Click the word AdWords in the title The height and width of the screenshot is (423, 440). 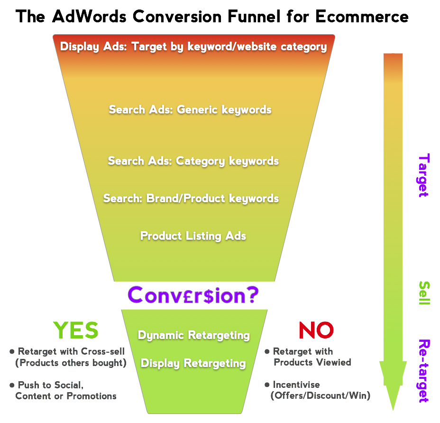click(x=89, y=16)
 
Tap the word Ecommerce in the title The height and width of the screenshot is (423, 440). click(x=362, y=16)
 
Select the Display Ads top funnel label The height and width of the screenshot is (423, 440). click(x=193, y=47)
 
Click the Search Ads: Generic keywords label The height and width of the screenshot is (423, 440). click(x=190, y=110)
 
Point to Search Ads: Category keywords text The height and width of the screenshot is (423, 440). click(x=193, y=161)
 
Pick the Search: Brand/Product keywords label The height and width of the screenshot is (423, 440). click(x=191, y=198)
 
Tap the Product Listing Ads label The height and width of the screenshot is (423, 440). click(x=193, y=236)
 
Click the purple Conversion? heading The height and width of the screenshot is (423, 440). click(x=193, y=295)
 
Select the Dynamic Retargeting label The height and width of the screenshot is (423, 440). click(x=193, y=335)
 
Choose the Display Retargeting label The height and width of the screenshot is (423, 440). click(x=193, y=363)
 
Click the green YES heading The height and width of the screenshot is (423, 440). click(x=76, y=330)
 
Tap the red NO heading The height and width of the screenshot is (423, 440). click(x=316, y=330)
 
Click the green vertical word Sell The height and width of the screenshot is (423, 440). click(x=424, y=293)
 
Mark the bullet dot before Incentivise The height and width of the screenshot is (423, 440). click(x=267, y=385)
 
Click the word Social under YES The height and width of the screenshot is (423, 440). click(x=69, y=385)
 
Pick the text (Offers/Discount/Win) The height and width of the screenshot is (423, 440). click(x=321, y=396)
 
